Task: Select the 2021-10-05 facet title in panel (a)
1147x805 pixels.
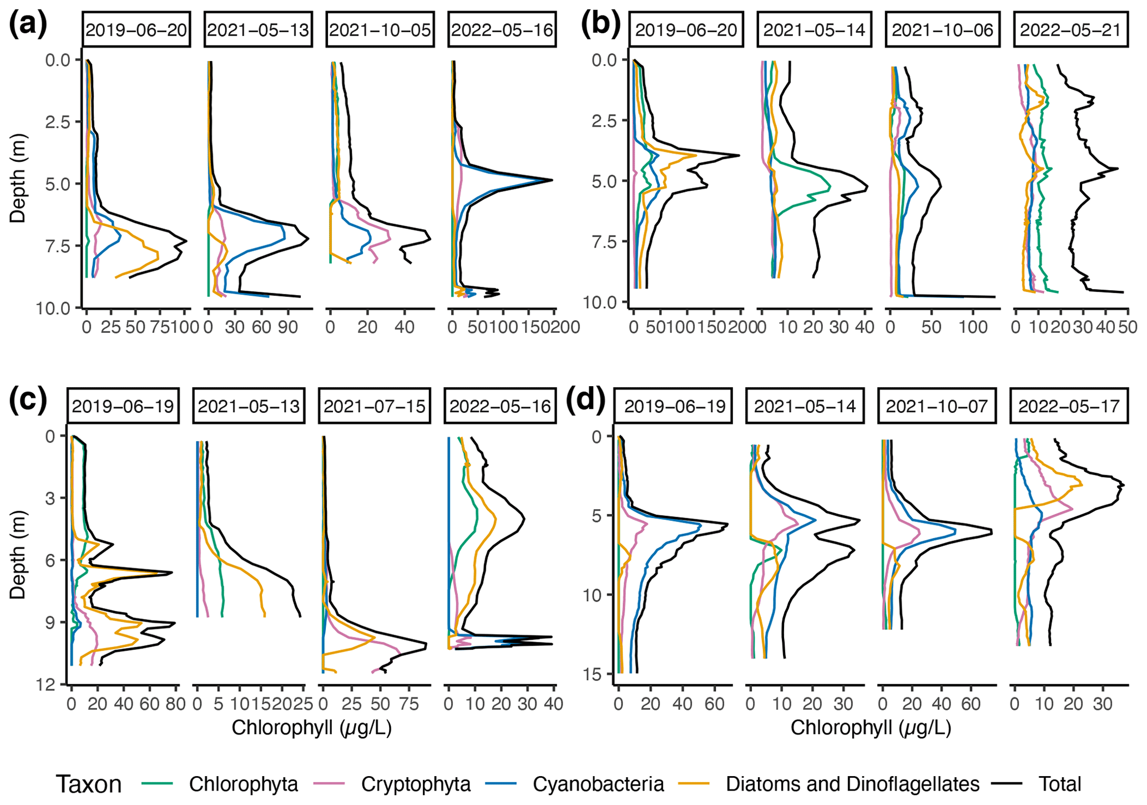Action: [380, 30]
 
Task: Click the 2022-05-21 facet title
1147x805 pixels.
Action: [1070, 30]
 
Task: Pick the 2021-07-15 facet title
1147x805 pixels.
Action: [375, 407]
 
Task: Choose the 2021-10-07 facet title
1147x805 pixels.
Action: [937, 407]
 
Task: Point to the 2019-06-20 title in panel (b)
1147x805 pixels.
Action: [686, 30]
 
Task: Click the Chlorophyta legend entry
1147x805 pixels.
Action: [243, 784]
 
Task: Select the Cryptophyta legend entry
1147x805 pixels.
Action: [416, 784]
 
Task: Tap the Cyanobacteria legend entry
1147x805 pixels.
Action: [598, 784]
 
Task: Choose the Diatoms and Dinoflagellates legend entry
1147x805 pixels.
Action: [852, 784]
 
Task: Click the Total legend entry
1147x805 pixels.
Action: [1059, 784]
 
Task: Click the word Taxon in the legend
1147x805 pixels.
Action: [89, 784]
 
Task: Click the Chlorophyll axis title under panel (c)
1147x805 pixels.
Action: [311, 727]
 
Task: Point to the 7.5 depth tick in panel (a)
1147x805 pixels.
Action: [58, 246]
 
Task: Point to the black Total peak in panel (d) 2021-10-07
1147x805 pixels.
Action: [991, 533]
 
